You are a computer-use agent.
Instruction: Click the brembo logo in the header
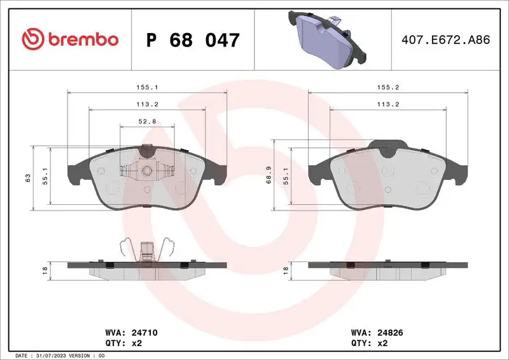[70, 39]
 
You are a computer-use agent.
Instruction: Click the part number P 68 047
[193, 40]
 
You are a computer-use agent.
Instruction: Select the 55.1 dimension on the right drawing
[286, 177]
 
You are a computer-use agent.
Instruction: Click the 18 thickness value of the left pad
[45, 270]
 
